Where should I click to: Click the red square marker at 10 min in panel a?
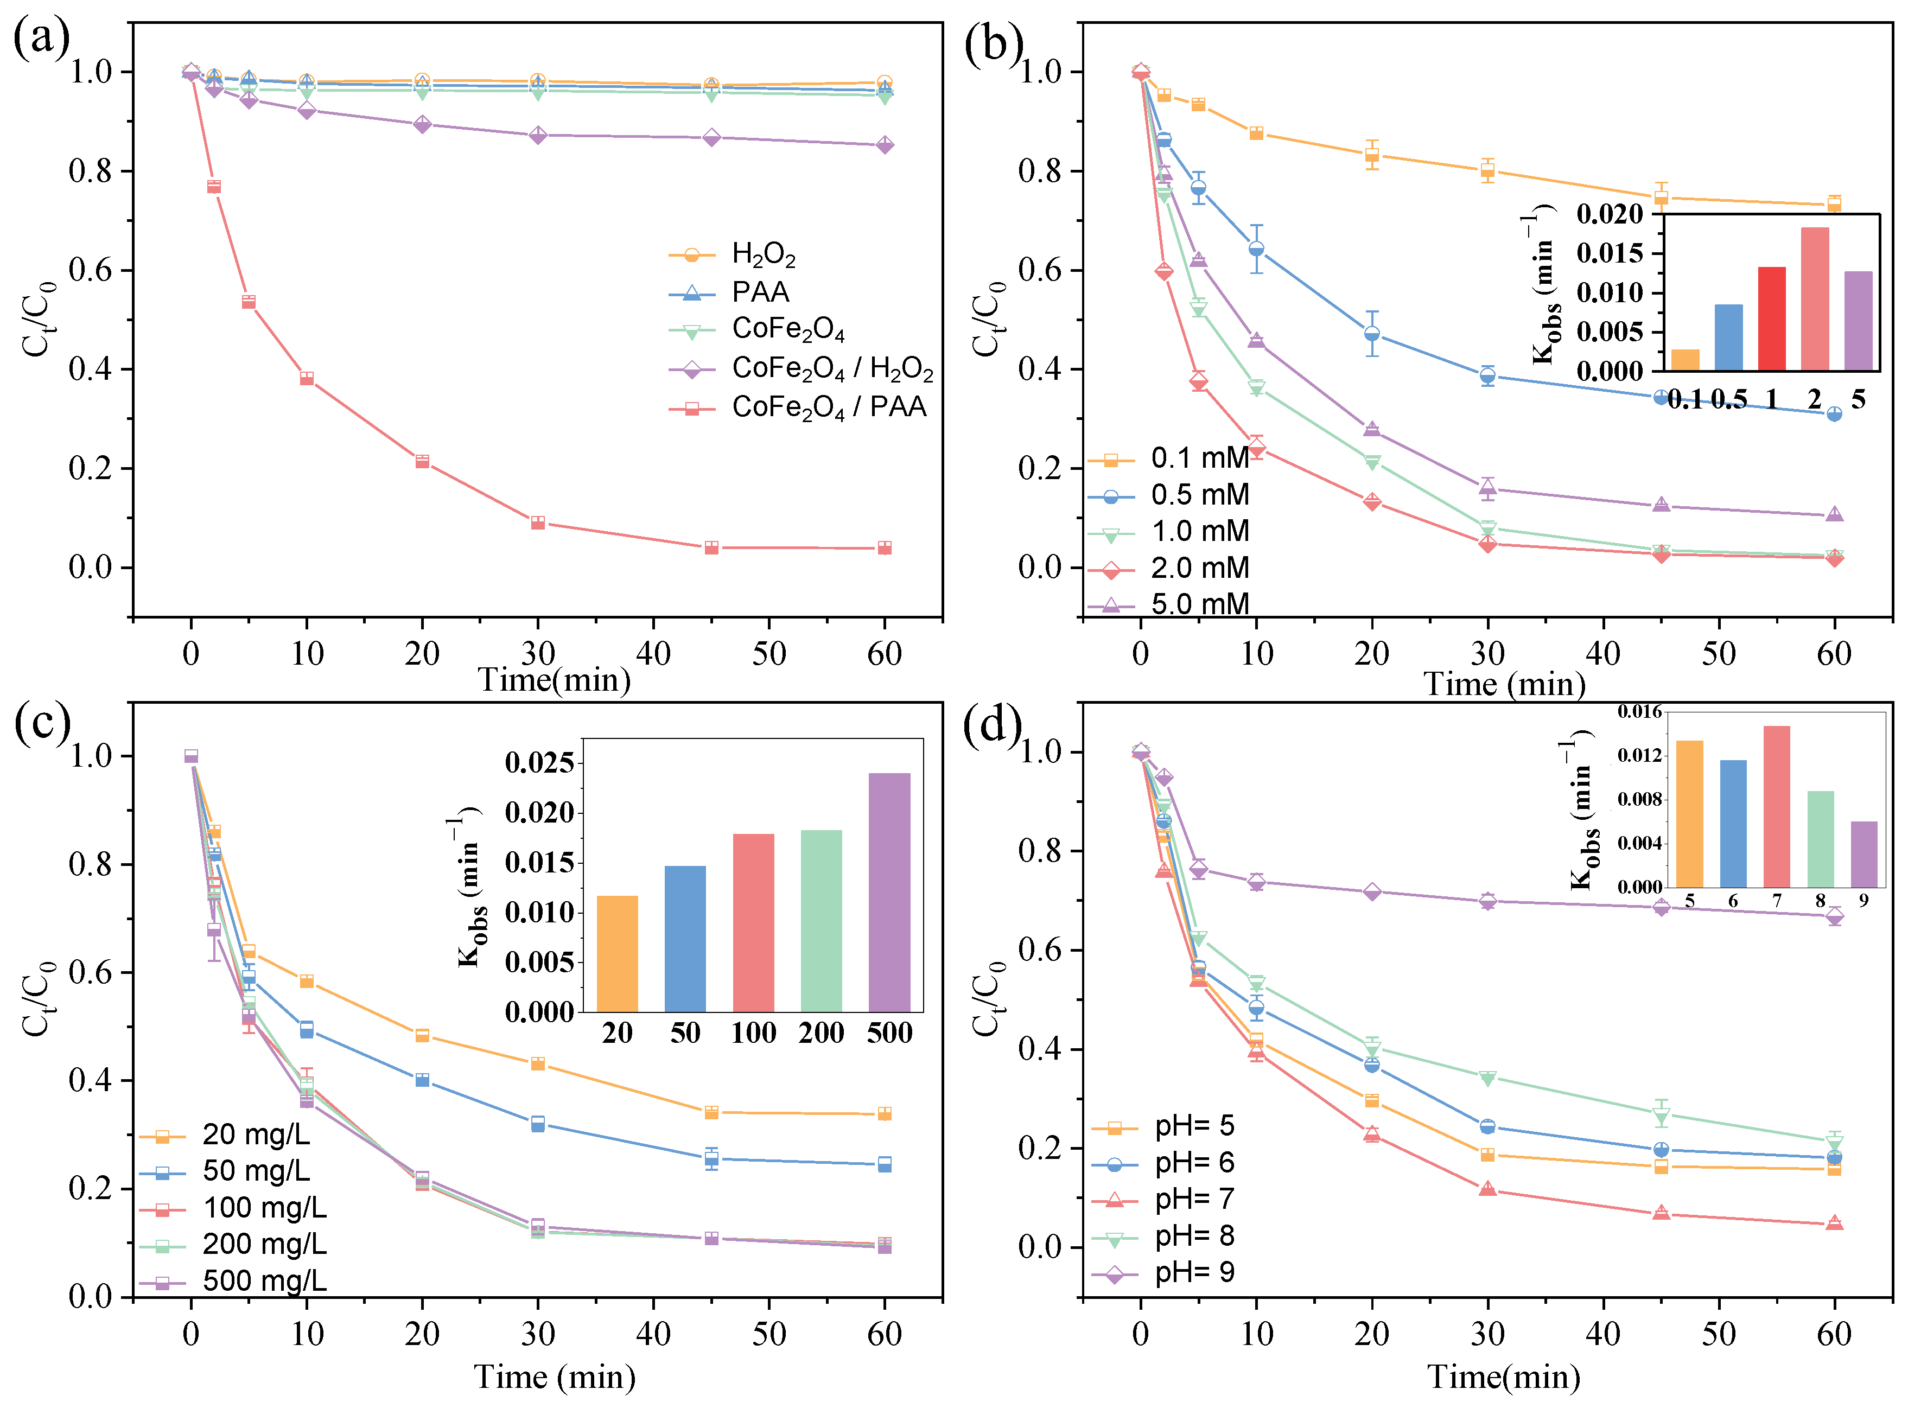coord(307,379)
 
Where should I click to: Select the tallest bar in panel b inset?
coord(1815,299)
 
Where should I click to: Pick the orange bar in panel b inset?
coord(1685,360)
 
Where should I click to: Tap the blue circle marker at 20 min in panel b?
coord(1372,334)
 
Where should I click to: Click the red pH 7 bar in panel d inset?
coord(1777,806)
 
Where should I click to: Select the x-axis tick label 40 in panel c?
coord(653,1334)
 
